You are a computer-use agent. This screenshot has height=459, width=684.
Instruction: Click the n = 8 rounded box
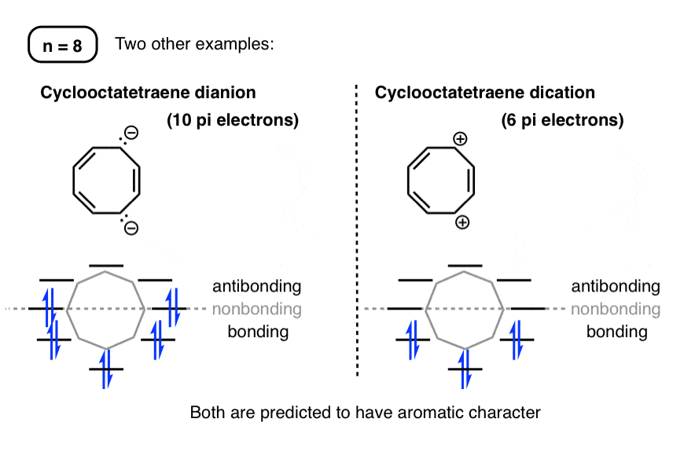point(62,44)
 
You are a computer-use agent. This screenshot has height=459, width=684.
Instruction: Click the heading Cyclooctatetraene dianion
point(148,93)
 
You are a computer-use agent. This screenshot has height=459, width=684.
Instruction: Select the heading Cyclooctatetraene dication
point(484,93)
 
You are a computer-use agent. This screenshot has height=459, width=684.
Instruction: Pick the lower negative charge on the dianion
point(131,229)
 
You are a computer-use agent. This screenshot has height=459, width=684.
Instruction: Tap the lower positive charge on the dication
point(462,223)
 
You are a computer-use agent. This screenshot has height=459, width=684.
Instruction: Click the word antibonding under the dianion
point(256,286)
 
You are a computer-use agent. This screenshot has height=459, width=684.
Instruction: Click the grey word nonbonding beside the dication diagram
point(615,309)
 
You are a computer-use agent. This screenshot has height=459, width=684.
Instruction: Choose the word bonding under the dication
point(616,332)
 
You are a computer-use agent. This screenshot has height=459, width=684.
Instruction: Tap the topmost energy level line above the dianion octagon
point(106,266)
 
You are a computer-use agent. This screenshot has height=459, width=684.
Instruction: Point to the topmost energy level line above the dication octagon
point(465,266)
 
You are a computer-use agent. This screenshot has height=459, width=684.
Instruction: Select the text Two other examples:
point(194,44)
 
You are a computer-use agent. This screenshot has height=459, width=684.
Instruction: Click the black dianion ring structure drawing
point(107,182)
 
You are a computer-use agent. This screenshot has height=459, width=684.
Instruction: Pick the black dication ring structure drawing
point(440,182)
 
